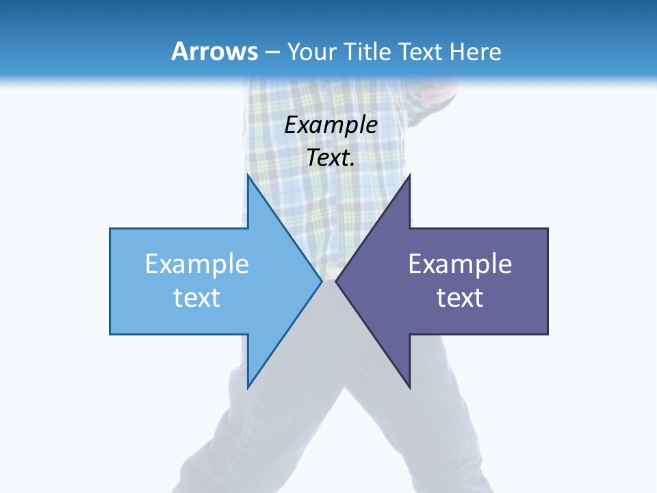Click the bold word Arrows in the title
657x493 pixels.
tap(214, 51)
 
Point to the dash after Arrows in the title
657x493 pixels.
tap(272, 52)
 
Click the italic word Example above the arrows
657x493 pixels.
tap(331, 125)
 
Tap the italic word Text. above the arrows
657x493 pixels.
tap(331, 157)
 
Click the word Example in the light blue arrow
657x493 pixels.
tap(197, 264)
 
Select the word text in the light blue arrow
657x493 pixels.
tap(197, 298)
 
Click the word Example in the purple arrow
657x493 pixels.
tap(460, 264)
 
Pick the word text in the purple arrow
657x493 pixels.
tap(460, 298)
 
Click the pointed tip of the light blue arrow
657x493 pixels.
tap(321, 281)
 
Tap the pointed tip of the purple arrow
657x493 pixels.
tap(336, 281)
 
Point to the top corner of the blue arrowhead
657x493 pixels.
tap(248, 175)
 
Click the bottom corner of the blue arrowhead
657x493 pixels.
tap(248, 387)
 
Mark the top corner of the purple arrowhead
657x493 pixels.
tap(409, 175)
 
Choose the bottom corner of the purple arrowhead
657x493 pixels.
tap(409, 387)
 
